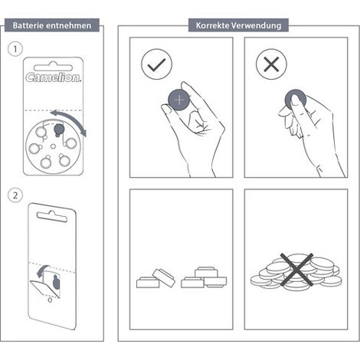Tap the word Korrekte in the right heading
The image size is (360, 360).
tap(212, 25)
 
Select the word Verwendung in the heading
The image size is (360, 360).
tap(257, 25)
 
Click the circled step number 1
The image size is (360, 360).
tap(15, 49)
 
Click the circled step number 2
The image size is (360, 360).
tap(15, 195)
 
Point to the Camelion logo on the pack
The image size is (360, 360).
tap(54, 77)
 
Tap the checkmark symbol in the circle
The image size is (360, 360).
tap(156, 64)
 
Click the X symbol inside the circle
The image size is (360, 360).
tap(271, 64)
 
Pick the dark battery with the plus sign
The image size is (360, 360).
tap(179, 100)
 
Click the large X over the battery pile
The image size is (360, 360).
tap(296, 270)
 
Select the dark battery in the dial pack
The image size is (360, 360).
tap(59, 129)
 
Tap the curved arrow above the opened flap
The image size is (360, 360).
tap(41, 270)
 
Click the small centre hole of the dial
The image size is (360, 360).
tap(53, 146)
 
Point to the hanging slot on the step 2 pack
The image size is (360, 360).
tap(52, 216)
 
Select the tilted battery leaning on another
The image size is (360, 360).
tap(164, 277)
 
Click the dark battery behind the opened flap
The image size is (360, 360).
tap(56, 282)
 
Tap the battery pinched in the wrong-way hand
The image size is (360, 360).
tap(296, 100)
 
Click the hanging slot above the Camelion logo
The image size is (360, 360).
tap(54, 67)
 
